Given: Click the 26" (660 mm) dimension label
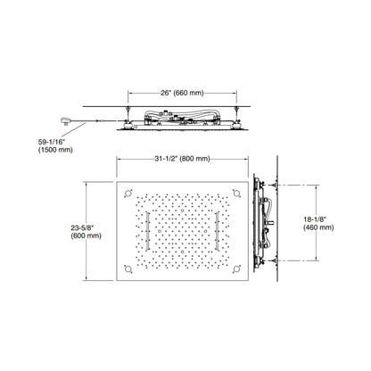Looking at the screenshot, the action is pos(182,93).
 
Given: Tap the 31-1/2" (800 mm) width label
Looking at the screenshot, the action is pos(182,159).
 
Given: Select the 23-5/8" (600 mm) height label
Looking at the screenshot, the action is pos(86,232).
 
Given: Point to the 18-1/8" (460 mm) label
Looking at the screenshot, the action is pos(318,224).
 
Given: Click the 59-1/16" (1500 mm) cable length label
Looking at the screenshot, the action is pos(55,146).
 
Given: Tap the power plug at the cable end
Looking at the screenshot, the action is pos(66,120).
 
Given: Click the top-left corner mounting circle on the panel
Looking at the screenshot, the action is pos(128,194).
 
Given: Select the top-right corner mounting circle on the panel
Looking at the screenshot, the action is pos(236,194).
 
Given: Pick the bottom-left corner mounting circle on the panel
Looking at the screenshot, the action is pos(128,269).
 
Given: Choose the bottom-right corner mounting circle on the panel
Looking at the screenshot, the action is pos(236,269).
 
